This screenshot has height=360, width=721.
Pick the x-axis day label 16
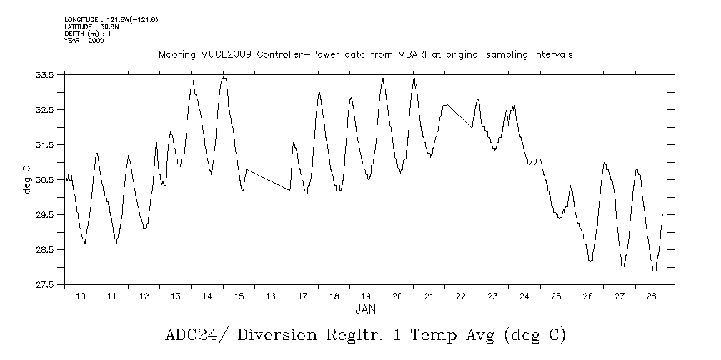tap(271, 296)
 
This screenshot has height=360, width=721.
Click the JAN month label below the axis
tap(365, 309)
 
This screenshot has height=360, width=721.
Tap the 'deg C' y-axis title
tap(27, 179)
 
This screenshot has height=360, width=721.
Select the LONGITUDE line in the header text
tap(111, 19)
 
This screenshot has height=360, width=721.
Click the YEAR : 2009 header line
tap(84, 41)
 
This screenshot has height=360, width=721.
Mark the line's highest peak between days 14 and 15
tap(224, 77)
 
